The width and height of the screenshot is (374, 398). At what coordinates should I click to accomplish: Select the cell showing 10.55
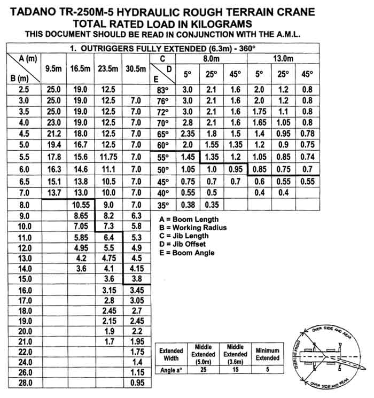coord(81,205)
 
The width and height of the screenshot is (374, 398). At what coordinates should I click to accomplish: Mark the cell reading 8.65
coord(81,216)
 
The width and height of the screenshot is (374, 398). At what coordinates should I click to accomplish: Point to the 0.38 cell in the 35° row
coord(188,204)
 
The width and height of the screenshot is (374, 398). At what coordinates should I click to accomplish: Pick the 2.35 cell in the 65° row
coord(188,134)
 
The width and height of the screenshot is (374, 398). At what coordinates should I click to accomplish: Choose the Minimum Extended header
coord(268,354)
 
